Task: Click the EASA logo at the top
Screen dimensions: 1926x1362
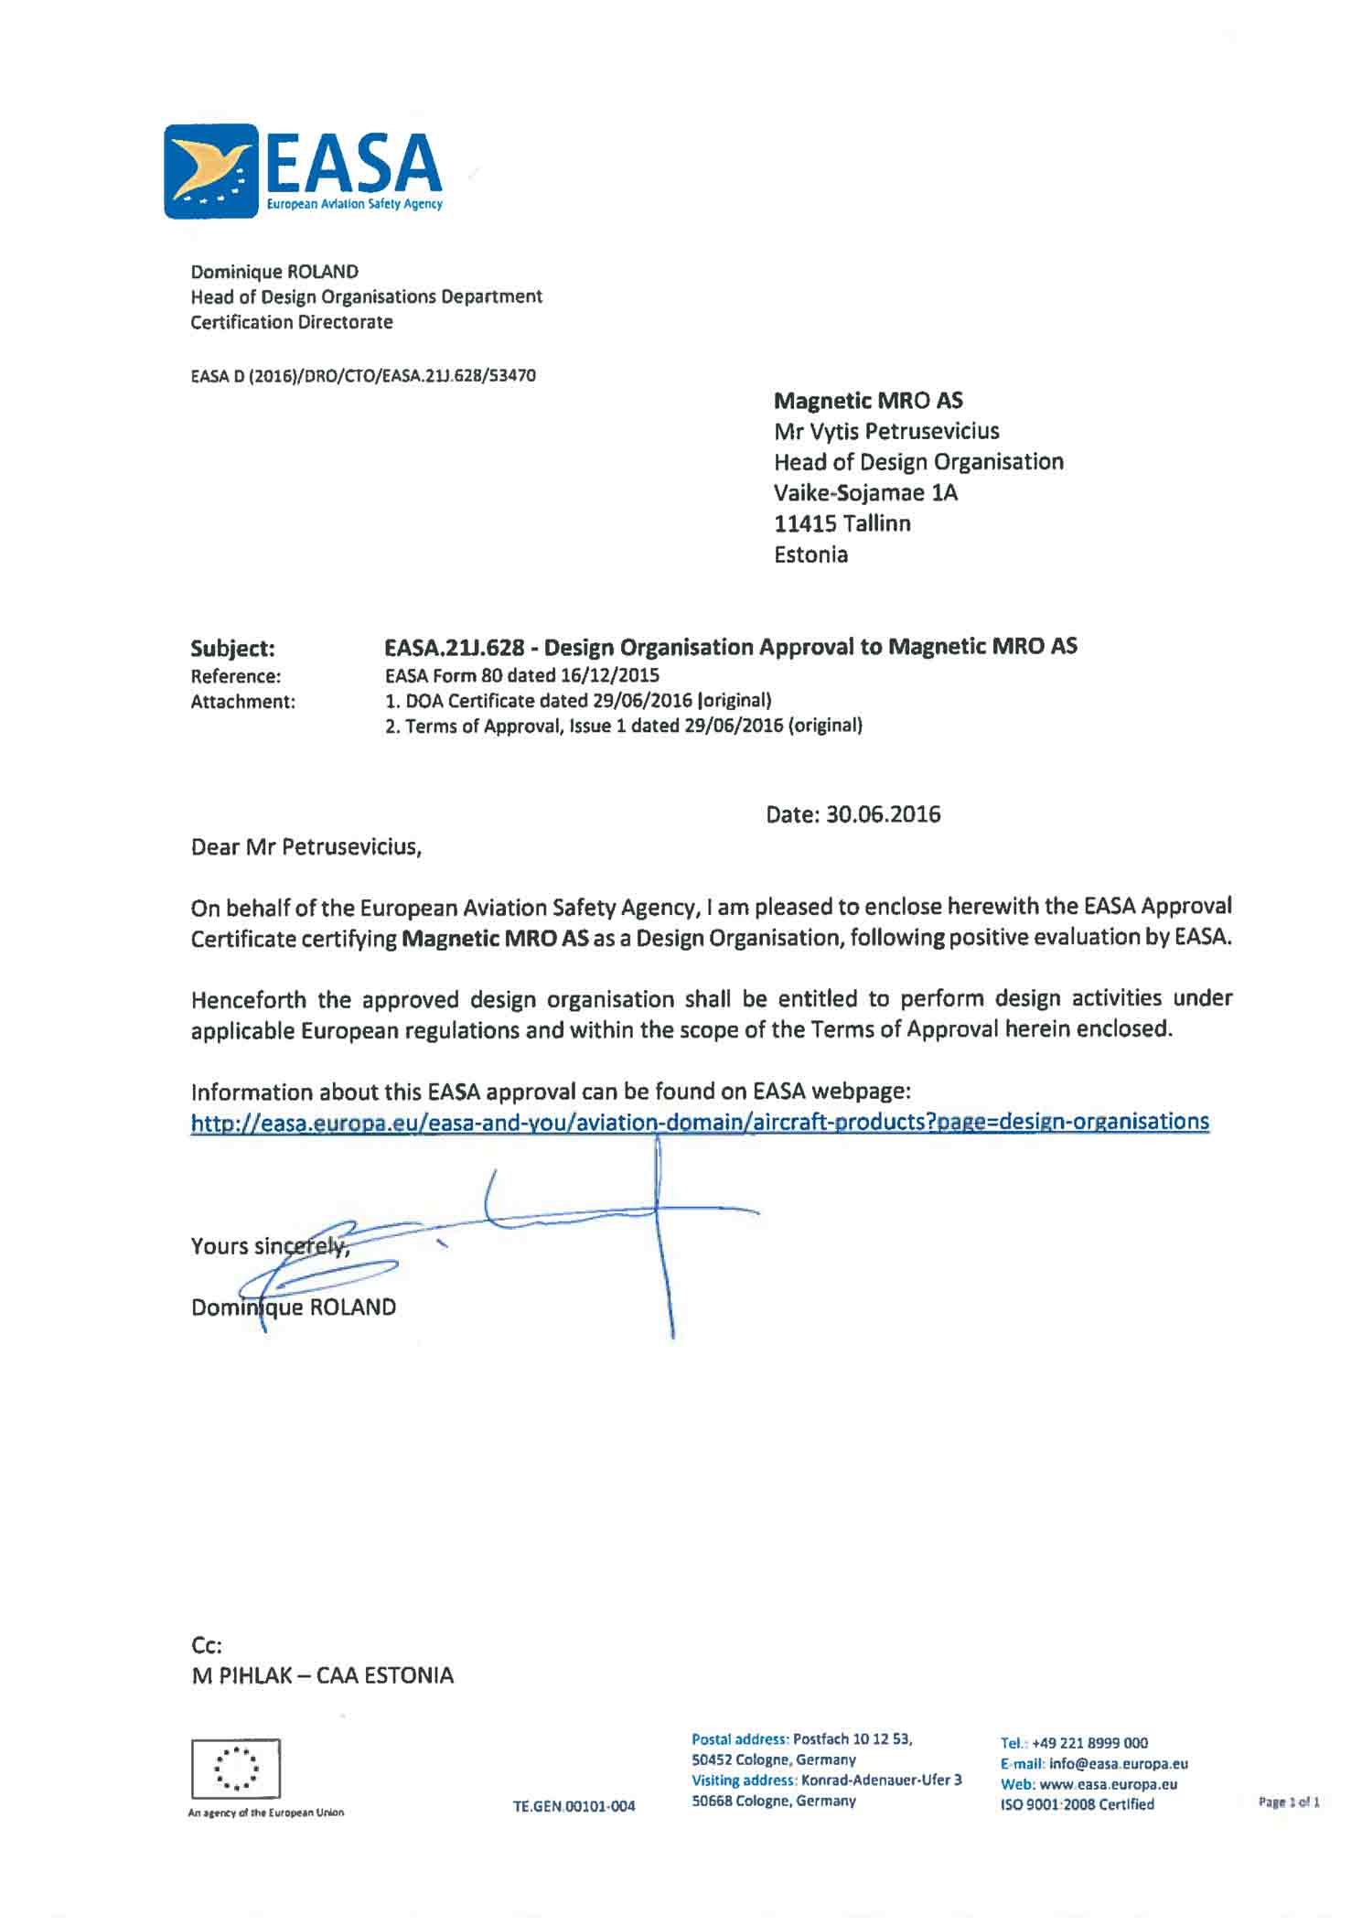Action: click(303, 171)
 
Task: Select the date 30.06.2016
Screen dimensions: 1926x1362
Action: click(883, 814)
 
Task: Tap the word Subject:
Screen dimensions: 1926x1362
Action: click(232, 649)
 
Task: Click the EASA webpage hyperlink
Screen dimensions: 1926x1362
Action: click(700, 1122)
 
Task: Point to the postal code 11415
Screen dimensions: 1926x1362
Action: click(805, 523)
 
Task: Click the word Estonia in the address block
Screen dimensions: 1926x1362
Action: click(810, 554)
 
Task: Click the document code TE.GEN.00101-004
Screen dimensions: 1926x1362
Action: click(574, 1806)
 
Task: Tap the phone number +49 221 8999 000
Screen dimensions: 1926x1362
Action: click(1089, 1743)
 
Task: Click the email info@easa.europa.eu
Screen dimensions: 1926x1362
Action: click(1118, 1763)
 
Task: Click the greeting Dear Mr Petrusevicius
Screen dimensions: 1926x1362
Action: click(306, 847)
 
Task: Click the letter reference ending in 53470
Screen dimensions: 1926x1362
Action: click(363, 375)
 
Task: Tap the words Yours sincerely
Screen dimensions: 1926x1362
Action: click(270, 1246)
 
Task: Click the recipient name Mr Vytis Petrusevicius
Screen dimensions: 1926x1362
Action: click(885, 431)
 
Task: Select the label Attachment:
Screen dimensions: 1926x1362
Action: click(242, 702)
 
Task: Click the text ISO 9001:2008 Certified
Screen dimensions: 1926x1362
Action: click(1077, 1804)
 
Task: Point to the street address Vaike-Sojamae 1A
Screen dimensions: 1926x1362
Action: click(865, 493)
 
